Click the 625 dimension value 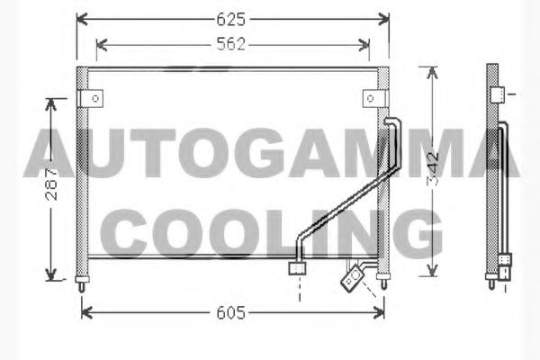pyautogui.click(x=230, y=19)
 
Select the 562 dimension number pyautogui.click(x=230, y=44)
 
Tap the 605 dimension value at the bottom pyautogui.click(x=230, y=313)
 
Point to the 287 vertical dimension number pyautogui.click(x=51, y=184)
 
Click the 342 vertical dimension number pyautogui.click(x=433, y=169)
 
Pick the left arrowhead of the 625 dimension pyautogui.click(x=82, y=19)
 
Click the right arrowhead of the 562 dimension pyautogui.click(x=364, y=45)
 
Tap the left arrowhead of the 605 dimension pyautogui.click(x=86, y=313)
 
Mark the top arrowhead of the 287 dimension pyautogui.click(x=51, y=104)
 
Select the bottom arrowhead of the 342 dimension pyautogui.click(x=432, y=270)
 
